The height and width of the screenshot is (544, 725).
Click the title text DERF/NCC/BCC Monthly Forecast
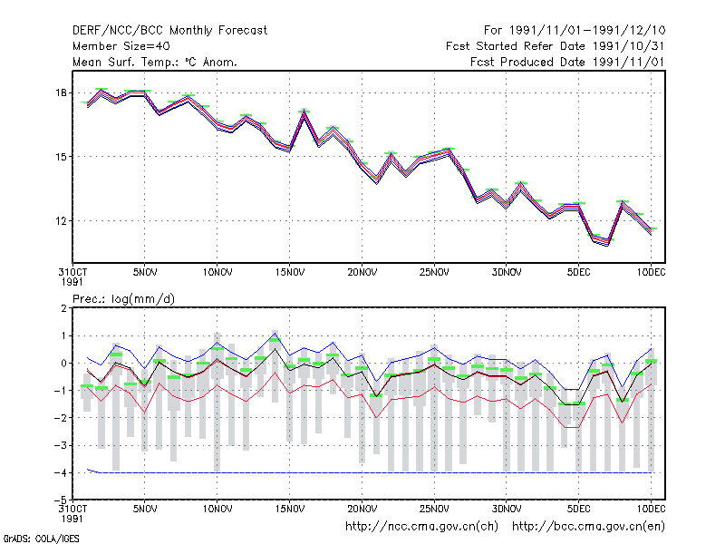[x=169, y=31]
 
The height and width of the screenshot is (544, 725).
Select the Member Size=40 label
[x=121, y=46]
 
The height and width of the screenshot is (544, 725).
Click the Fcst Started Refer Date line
[x=555, y=46]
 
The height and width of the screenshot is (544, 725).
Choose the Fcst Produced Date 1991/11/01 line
[x=567, y=62]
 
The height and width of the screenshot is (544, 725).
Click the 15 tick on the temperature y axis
[x=61, y=157]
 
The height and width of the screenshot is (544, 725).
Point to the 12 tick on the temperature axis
[x=61, y=221]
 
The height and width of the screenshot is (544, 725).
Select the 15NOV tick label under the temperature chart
[x=290, y=273]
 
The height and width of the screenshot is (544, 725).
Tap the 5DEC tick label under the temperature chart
[x=578, y=273]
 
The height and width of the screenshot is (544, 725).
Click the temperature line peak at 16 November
[x=304, y=112]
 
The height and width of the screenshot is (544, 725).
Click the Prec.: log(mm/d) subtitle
[x=124, y=299]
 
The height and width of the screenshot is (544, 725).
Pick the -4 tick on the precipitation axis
[x=61, y=472]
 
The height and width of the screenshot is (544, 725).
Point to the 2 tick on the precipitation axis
[x=63, y=308]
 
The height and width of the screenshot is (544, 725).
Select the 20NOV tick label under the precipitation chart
[x=362, y=509]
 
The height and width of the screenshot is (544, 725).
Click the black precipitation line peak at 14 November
[x=275, y=348]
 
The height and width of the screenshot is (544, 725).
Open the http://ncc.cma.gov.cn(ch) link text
[x=421, y=527]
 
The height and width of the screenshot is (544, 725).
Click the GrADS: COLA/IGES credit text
[x=41, y=539]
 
